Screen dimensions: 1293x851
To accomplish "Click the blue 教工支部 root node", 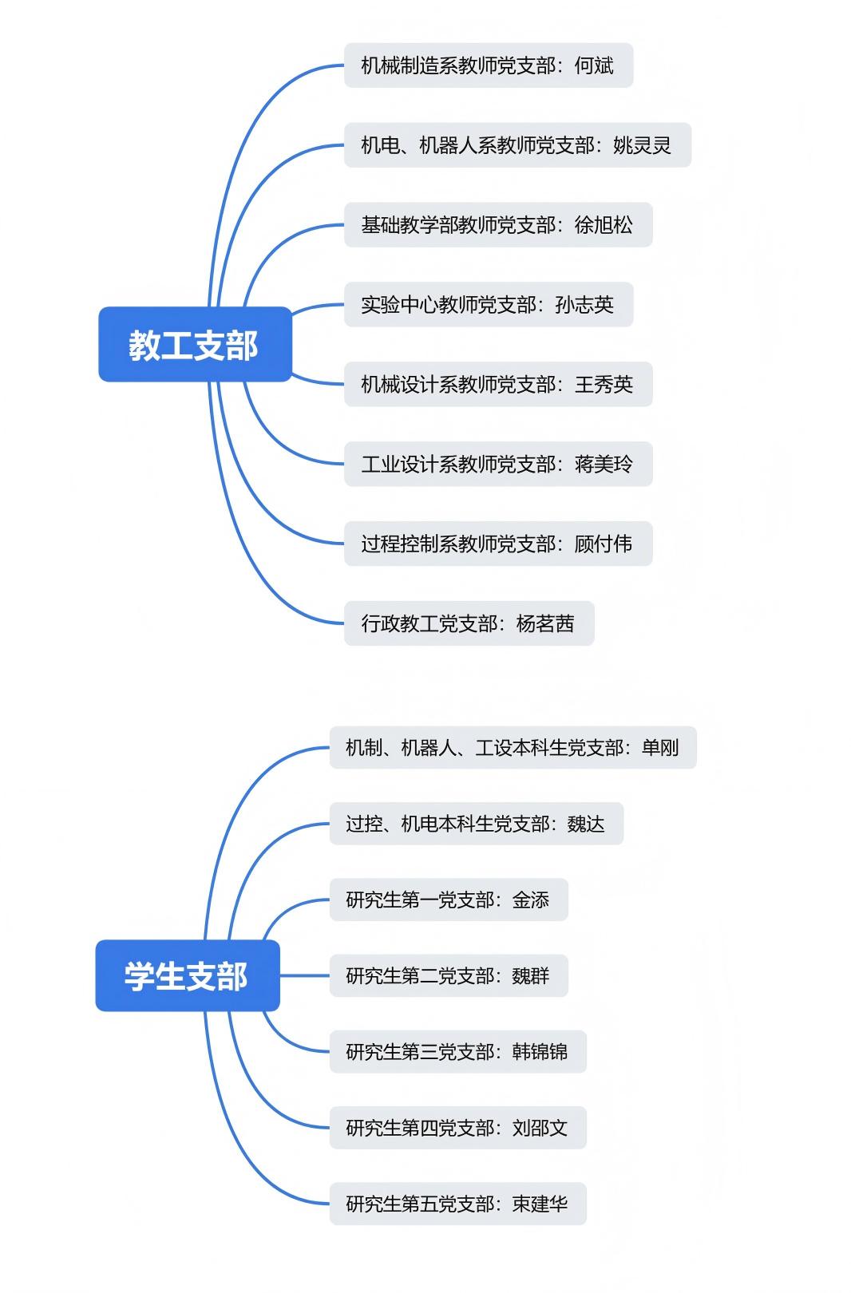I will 195,344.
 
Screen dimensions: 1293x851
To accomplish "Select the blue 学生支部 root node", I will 188,975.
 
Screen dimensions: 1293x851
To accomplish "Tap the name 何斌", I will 594,65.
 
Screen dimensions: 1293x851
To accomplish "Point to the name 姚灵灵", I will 642,145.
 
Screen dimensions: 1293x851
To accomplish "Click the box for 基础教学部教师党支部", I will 497,225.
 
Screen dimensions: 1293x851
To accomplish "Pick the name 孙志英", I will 584,305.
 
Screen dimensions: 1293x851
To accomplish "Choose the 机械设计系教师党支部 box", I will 497,385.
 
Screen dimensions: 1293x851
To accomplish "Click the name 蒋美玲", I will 604,465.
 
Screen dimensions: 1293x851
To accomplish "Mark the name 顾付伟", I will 604,544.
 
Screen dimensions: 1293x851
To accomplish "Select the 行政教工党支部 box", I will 469,623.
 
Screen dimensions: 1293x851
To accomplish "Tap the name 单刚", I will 660,748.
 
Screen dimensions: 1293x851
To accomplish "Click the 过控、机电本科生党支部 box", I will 476,824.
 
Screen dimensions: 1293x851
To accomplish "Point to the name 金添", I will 531,900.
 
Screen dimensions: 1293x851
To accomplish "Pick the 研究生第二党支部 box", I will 448,975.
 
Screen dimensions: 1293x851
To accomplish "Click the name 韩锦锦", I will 540,1052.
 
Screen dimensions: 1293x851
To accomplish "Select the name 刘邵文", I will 540,1128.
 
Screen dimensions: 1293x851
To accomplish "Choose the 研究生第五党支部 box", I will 457,1204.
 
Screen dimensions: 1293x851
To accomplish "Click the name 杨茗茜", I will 545,623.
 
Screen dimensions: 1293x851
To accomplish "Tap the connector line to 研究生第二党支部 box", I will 305,975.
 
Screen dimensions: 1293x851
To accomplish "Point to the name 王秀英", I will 604,385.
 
